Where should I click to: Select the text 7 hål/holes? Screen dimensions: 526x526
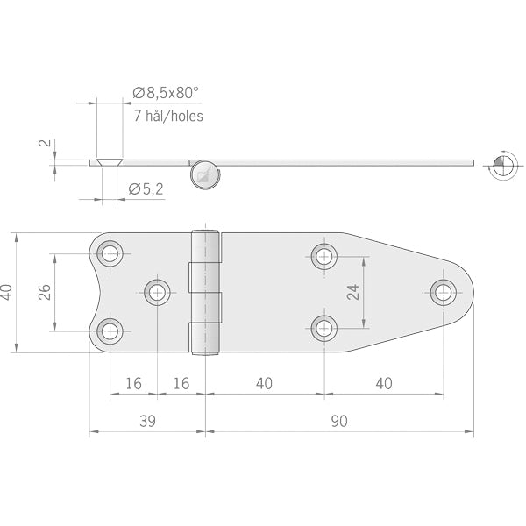click(167, 115)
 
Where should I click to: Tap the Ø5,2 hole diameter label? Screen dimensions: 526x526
click(147, 188)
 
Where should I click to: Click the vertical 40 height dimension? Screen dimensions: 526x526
click(8, 293)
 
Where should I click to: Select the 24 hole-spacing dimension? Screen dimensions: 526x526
click(353, 292)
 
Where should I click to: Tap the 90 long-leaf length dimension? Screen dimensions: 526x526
click(339, 421)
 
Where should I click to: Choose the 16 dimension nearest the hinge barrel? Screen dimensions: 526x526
click(181, 383)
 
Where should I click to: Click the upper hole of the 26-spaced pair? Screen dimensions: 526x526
click(110, 254)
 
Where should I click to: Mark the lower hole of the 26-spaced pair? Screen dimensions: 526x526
click(110, 331)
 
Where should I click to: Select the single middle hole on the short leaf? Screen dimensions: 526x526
click(158, 292)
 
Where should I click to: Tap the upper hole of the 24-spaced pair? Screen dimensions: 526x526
click(324, 256)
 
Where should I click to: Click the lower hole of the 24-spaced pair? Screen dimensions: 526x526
click(324, 329)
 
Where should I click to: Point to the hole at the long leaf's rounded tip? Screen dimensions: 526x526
click(444, 292)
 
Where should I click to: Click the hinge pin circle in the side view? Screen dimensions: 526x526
click(204, 174)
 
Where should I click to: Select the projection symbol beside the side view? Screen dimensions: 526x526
click(500, 163)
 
